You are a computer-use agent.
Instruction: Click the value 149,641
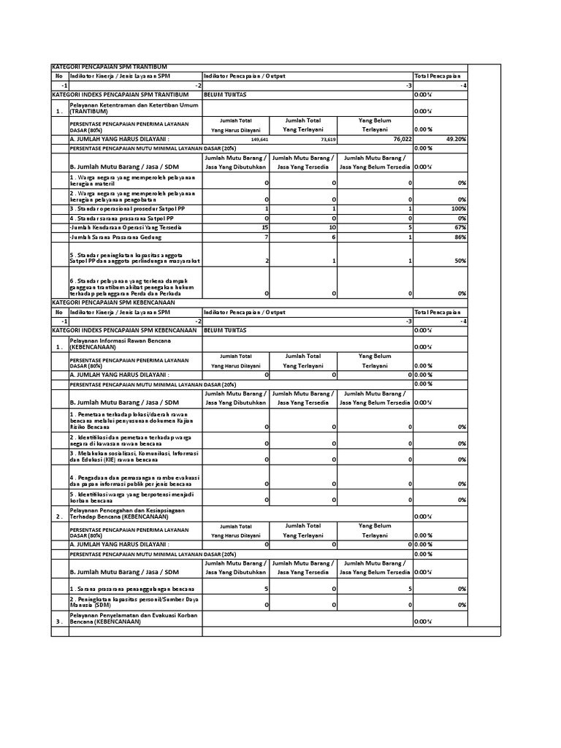pos(259,139)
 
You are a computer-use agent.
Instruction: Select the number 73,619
pos(327,139)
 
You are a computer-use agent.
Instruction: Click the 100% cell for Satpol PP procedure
pos(458,209)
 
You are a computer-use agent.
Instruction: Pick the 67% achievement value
pos(459,227)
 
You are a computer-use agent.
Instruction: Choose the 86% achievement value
pos(459,237)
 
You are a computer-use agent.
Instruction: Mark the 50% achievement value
pos(459,261)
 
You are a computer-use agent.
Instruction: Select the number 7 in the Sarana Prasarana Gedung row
pos(267,237)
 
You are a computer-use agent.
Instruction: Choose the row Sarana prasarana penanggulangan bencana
pos(132,587)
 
